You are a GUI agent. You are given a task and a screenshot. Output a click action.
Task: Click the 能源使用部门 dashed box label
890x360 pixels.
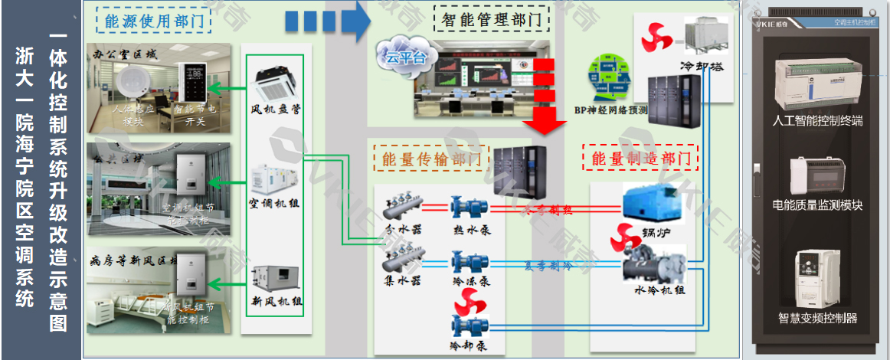tap(154, 21)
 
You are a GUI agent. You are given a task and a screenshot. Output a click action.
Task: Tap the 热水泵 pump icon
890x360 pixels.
tap(469, 207)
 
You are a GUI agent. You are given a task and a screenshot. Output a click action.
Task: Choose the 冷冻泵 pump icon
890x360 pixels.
tap(469, 262)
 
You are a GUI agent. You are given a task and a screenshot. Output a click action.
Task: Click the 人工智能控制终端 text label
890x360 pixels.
tap(819, 121)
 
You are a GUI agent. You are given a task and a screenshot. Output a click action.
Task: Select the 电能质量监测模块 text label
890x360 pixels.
tap(819, 205)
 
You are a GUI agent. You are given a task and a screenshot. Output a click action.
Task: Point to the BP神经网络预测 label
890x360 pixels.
tap(611, 110)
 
